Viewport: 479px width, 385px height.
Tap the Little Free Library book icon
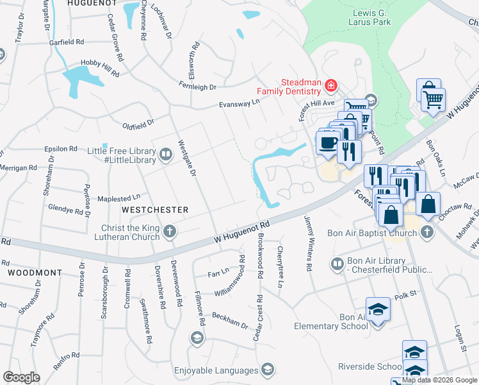point(165,154)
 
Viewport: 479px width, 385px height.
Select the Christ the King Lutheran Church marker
point(169,231)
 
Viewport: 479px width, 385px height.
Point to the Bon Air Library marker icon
point(337,264)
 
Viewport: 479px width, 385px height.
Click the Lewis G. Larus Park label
point(380,17)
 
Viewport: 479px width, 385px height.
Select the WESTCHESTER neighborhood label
point(155,210)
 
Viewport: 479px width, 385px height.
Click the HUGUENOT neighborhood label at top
point(93,4)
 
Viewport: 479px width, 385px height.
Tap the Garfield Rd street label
point(67,42)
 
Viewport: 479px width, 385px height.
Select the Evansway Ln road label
point(239,102)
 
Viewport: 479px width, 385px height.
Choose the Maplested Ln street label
point(118,198)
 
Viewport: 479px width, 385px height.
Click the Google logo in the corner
point(21,377)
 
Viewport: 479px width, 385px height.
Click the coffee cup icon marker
point(329,142)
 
